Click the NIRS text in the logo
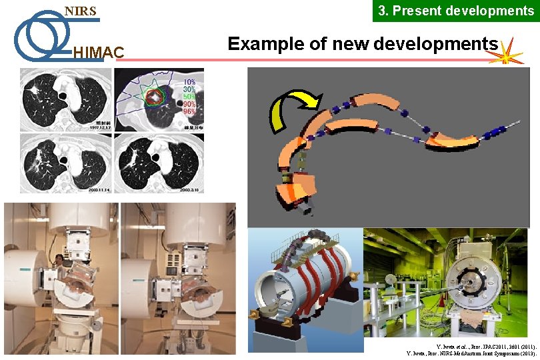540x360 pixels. (80, 11)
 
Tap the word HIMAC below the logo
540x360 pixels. (97, 53)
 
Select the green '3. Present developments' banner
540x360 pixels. (456, 11)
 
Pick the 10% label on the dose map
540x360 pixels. (189, 81)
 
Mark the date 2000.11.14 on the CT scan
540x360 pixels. (91, 190)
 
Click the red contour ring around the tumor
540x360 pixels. (156, 97)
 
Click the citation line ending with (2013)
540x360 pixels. (467, 353)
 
